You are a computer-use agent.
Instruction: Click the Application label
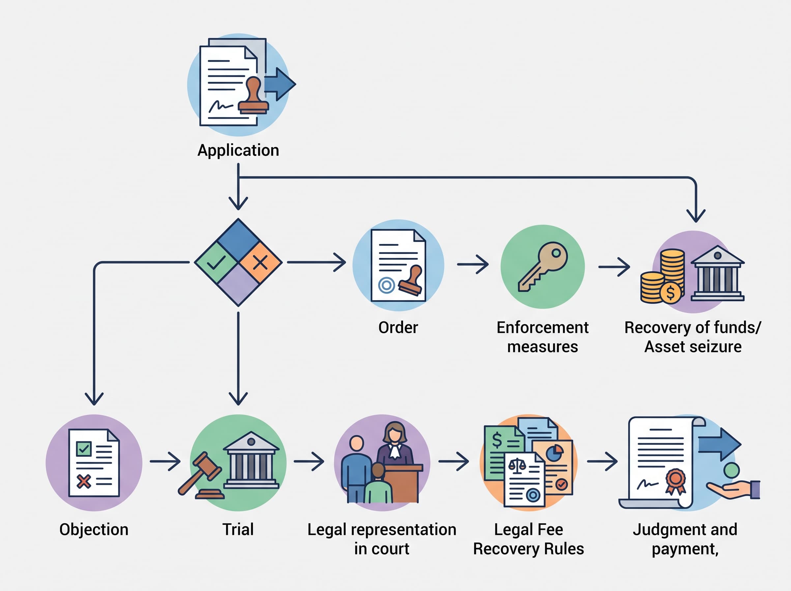point(238,151)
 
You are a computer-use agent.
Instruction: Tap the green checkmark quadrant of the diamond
point(217,262)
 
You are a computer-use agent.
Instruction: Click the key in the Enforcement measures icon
point(542,267)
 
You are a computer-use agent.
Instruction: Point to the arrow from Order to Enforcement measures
point(473,264)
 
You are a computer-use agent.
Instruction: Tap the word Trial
point(238,529)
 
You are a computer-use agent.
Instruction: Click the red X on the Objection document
point(84,482)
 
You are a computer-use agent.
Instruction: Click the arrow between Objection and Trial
point(165,461)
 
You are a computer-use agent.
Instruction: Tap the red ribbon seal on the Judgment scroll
point(676,481)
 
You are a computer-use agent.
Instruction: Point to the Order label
point(398,328)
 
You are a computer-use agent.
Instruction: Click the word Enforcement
point(542,328)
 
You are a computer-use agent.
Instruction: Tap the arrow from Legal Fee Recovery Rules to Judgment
point(602,461)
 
